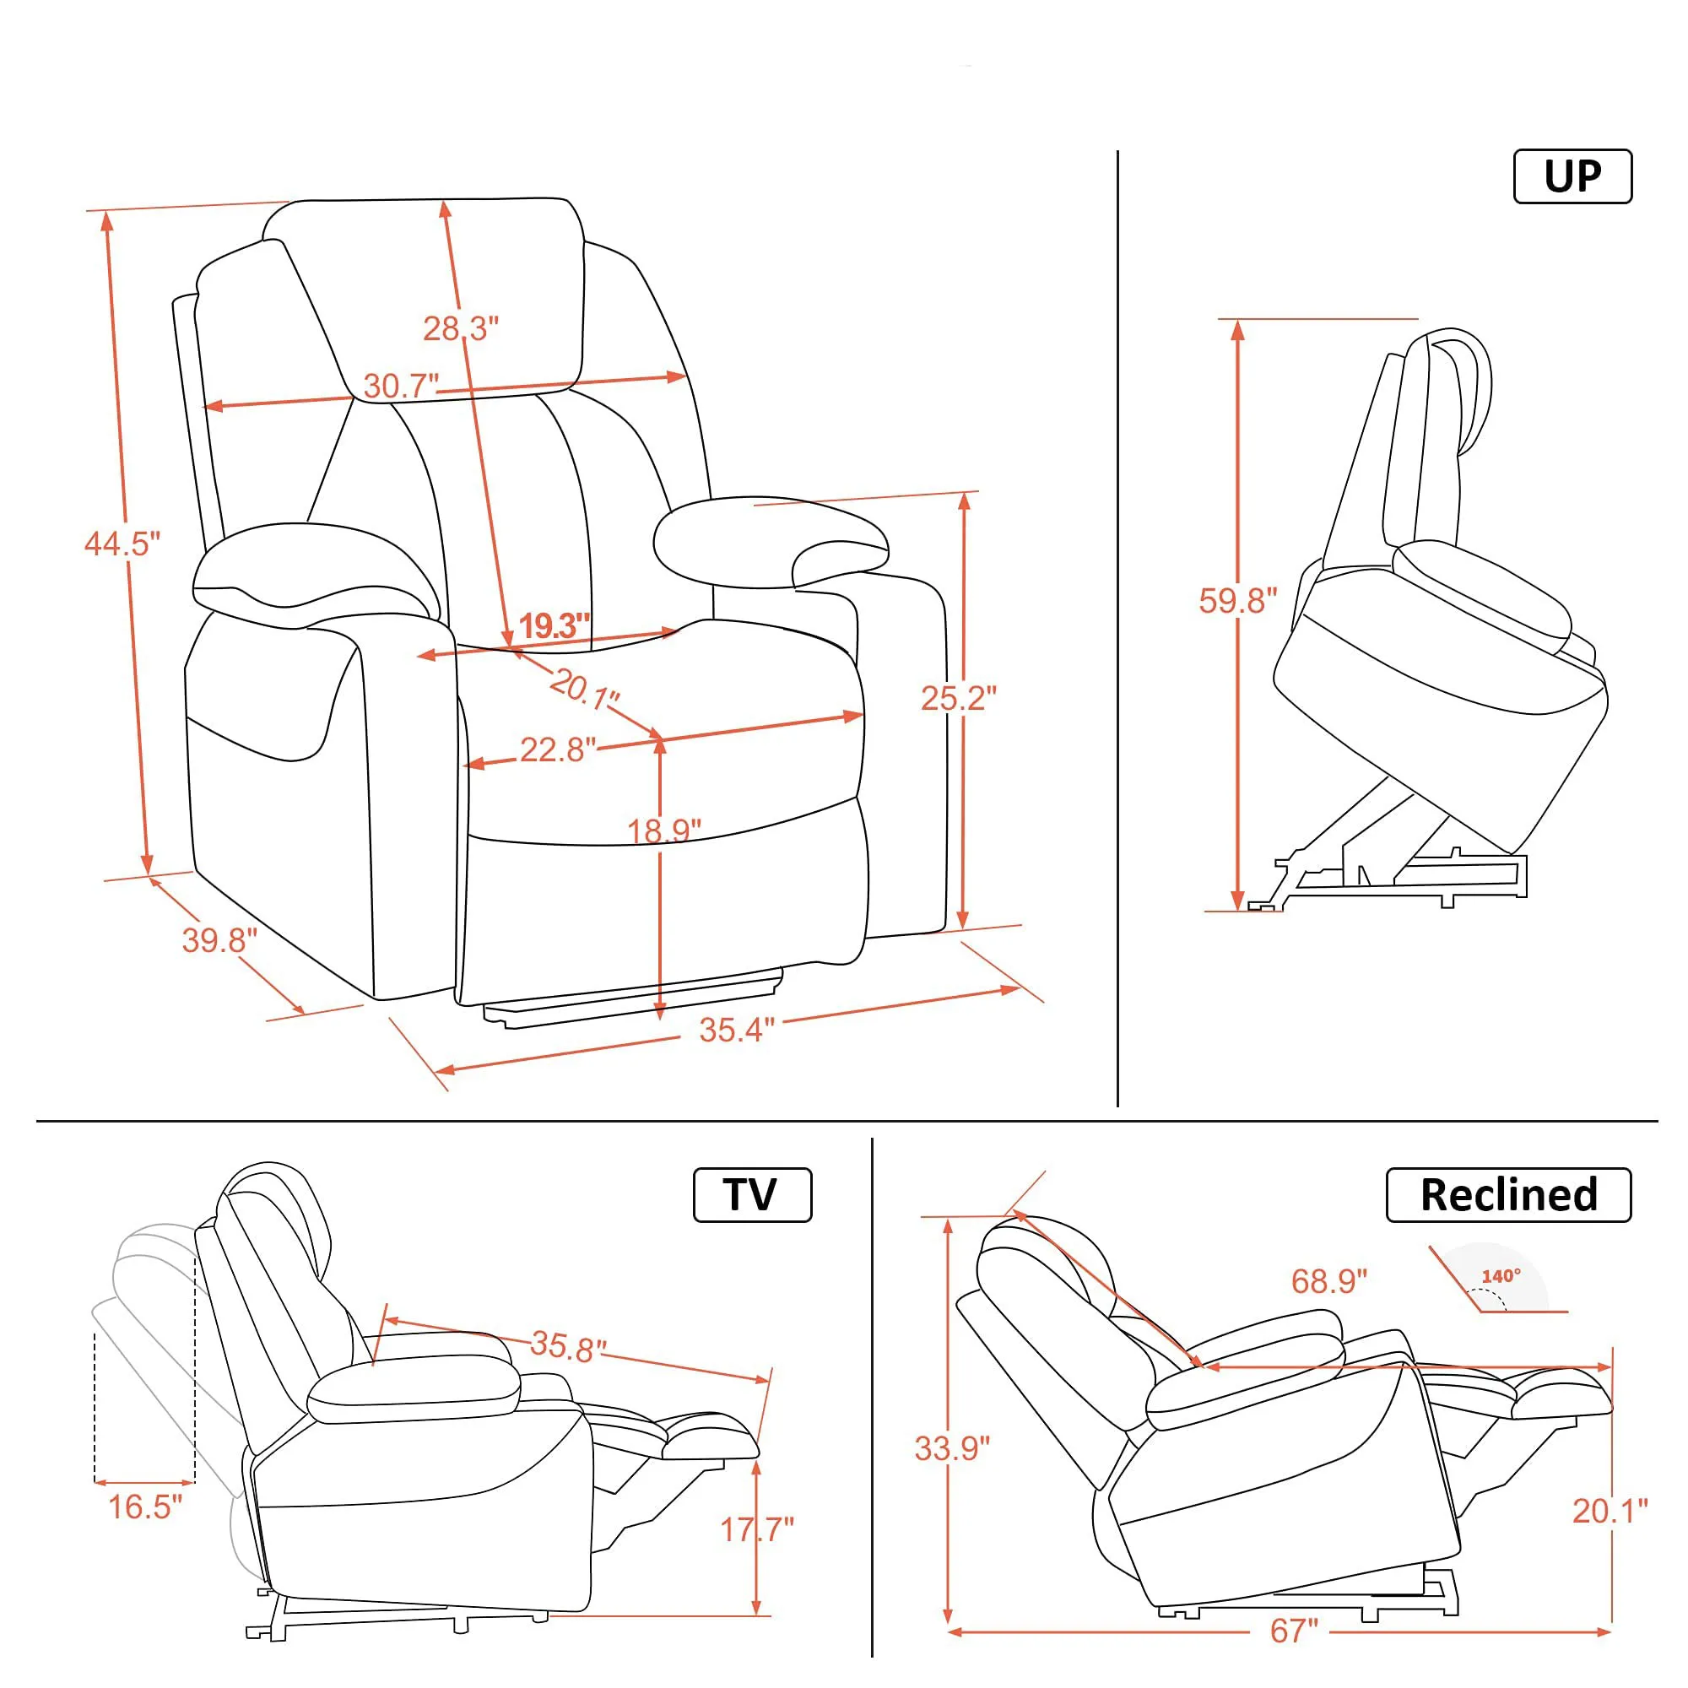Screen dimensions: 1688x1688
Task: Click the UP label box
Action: tap(1572, 176)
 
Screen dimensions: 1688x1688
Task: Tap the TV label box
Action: tap(751, 1194)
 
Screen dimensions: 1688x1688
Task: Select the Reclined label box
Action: tap(1508, 1194)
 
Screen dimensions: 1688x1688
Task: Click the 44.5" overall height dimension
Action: tap(122, 544)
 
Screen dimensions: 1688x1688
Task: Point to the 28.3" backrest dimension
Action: tap(461, 328)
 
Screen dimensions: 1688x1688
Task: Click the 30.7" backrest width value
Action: tap(401, 387)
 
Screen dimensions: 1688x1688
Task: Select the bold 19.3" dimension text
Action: tap(554, 625)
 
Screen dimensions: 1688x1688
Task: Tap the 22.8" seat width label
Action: tap(557, 749)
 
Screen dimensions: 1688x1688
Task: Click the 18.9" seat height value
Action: tap(664, 830)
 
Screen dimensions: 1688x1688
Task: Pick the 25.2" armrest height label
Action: tap(959, 698)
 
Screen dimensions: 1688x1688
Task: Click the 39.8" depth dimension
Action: tap(219, 940)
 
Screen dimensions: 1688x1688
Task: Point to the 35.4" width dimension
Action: tap(737, 1030)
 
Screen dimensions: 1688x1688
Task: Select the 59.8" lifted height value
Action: tap(1237, 600)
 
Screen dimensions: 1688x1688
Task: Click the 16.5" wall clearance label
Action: tap(145, 1507)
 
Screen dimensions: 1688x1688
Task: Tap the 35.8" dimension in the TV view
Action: tap(568, 1346)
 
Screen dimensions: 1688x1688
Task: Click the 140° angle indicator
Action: tap(1500, 1276)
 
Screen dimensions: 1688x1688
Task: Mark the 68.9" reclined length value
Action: tap(1329, 1281)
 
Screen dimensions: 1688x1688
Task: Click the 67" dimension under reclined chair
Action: tap(1294, 1631)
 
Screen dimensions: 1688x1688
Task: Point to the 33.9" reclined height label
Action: tap(952, 1447)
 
